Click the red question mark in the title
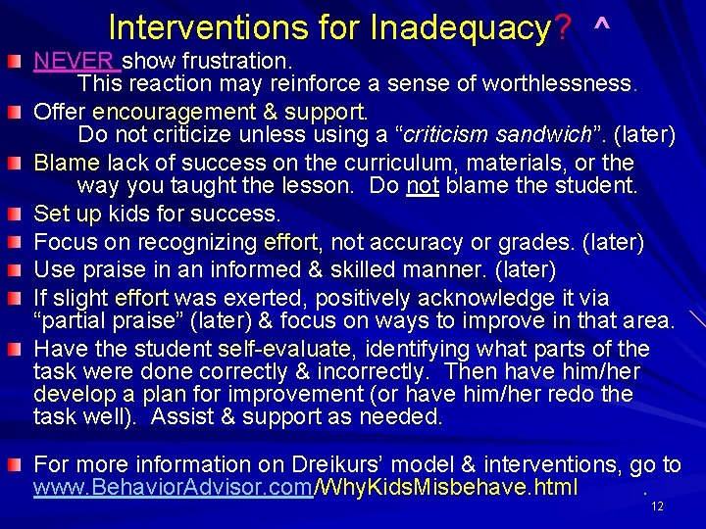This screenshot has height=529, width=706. tap(563, 26)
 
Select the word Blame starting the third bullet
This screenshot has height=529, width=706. tap(67, 162)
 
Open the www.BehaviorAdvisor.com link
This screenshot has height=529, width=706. tap(172, 488)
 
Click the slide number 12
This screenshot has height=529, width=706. tap(657, 505)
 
